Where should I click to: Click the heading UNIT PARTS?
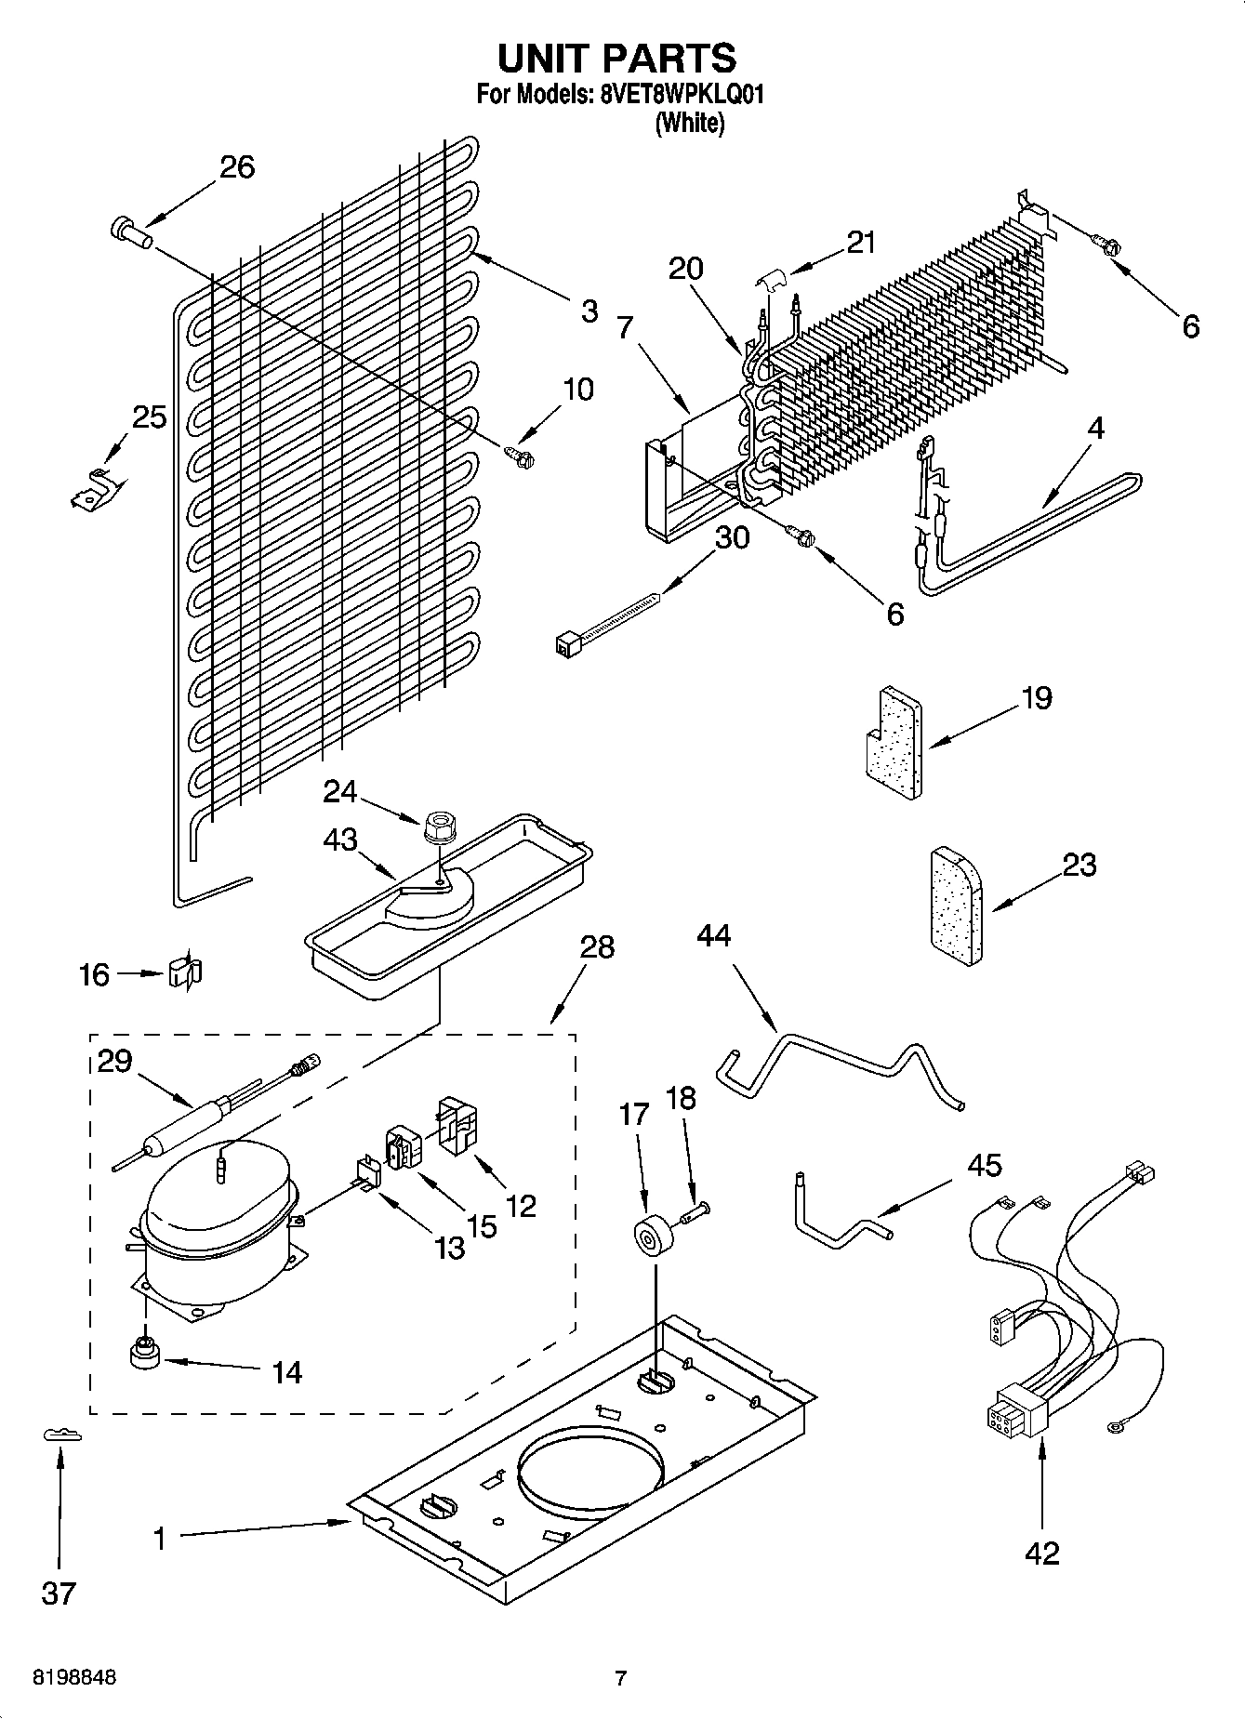616,58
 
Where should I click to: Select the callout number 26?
237,167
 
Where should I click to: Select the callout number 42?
1041,1553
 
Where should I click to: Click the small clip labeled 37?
62,1435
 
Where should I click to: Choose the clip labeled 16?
185,972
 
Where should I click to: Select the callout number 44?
713,934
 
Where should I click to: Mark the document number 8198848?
74,1678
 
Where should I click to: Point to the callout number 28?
597,948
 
